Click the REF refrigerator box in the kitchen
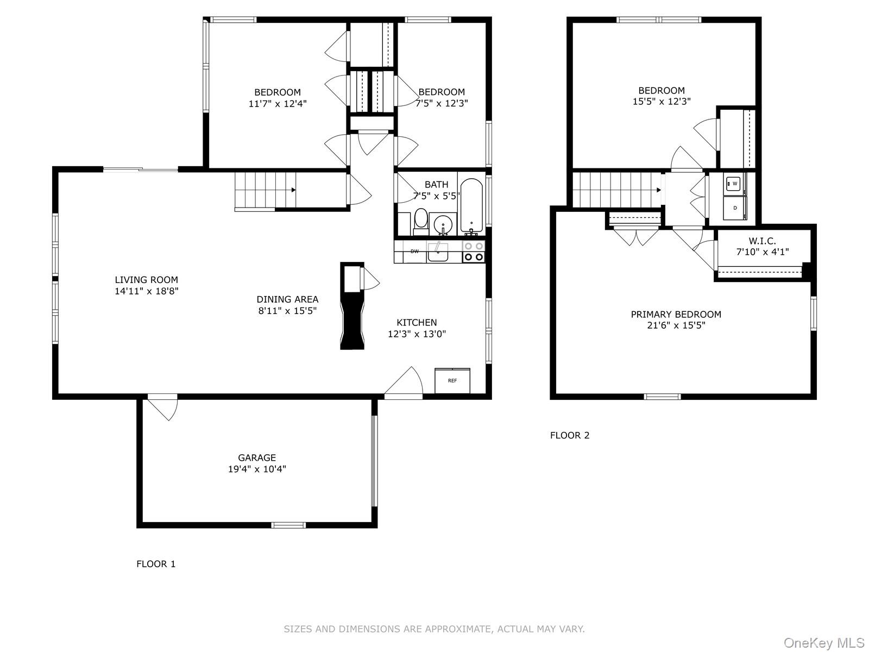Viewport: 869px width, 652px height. (x=452, y=380)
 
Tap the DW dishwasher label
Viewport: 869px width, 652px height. (x=414, y=251)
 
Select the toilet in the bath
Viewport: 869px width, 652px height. (x=421, y=220)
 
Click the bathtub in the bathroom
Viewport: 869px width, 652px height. (x=471, y=206)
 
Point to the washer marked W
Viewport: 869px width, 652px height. (x=734, y=184)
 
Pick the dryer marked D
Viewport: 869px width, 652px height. (x=734, y=208)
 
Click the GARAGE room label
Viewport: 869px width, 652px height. (x=257, y=457)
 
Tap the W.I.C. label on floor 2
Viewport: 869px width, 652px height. (x=762, y=241)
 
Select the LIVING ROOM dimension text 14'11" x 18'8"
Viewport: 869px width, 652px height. (x=146, y=291)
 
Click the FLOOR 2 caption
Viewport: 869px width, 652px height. (x=569, y=435)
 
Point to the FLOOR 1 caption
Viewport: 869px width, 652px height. (x=156, y=564)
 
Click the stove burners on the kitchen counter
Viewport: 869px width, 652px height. (x=473, y=252)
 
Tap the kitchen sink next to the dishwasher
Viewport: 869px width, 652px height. (x=438, y=252)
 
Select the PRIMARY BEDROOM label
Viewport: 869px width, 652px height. (x=676, y=314)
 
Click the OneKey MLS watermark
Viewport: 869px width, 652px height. (x=823, y=643)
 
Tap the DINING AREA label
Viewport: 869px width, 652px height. (x=287, y=299)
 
